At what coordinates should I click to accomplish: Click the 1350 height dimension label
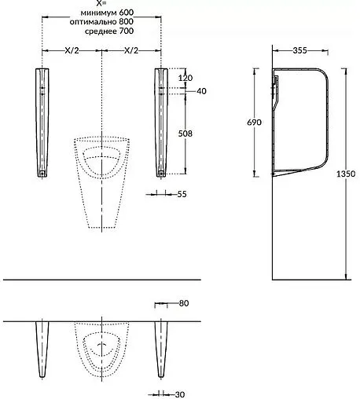tap(346, 174)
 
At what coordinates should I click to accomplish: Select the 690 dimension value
tap(254, 123)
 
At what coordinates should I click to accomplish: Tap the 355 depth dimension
tap(299, 50)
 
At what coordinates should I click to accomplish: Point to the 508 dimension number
tap(185, 134)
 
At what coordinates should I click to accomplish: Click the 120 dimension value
tap(186, 78)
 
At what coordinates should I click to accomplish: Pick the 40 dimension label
tap(201, 91)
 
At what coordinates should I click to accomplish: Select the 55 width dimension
tap(182, 194)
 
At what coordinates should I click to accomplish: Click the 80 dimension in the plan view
tap(184, 303)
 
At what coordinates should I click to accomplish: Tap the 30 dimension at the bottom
tap(180, 394)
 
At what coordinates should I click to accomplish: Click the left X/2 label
tap(72, 50)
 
